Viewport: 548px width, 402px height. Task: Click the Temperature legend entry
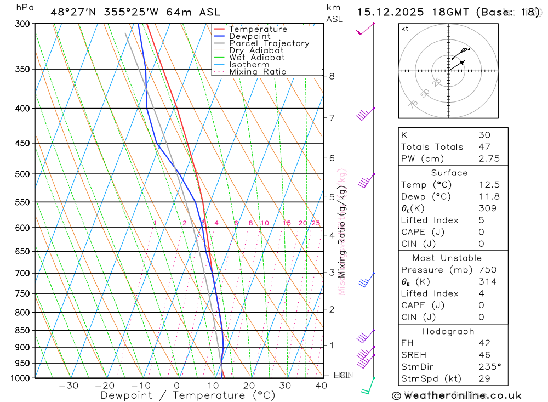pyautogui.click(x=258, y=29)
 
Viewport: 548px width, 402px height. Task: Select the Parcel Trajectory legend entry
pyautogui.click(x=269, y=43)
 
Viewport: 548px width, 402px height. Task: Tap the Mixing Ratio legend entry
pyautogui.click(x=258, y=71)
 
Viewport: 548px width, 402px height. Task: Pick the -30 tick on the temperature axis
pyautogui.click(x=68, y=386)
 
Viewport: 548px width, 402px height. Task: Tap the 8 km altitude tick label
pyautogui.click(x=332, y=76)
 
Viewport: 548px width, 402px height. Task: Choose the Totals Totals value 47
pyautogui.click(x=484, y=146)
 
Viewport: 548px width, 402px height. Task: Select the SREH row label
pyautogui.click(x=414, y=355)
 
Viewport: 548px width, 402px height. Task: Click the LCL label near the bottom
pyautogui.click(x=341, y=376)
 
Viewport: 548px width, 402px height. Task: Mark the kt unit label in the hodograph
pyautogui.click(x=405, y=29)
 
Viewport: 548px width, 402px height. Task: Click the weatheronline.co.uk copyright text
pyautogui.click(x=456, y=395)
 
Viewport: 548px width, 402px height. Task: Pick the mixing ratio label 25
pyautogui.click(x=316, y=223)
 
